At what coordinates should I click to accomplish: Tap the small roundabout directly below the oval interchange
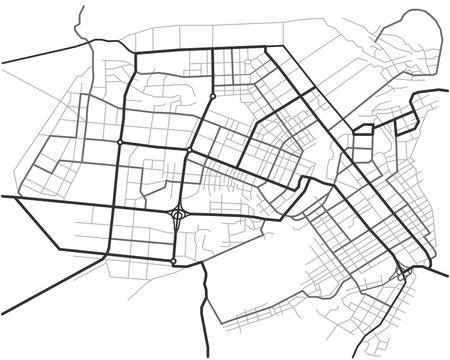174,262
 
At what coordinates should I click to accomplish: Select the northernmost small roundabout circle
213,97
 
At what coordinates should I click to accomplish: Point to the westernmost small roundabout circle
120,143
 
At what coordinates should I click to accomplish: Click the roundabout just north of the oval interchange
189,151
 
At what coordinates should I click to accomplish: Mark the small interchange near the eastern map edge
403,271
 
